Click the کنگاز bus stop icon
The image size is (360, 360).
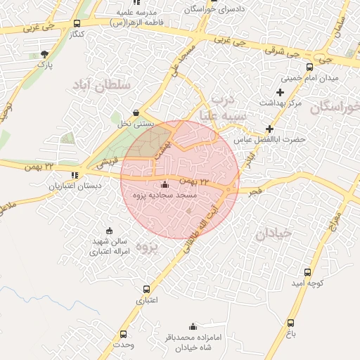click(x=76, y=23)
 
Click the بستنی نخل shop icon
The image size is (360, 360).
click(x=136, y=112)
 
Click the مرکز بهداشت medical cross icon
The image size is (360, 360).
click(x=280, y=92)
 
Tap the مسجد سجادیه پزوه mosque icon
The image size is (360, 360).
click(x=165, y=184)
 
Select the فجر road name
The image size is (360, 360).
click(x=254, y=191)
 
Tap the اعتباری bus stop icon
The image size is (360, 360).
click(x=146, y=289)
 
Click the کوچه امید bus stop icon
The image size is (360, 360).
click(x=307, y=272)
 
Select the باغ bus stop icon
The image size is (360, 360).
click(x=290, y=323)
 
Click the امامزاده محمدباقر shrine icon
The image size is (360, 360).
click(x=193, y=326)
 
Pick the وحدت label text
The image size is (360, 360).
click(x=122, y=345)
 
